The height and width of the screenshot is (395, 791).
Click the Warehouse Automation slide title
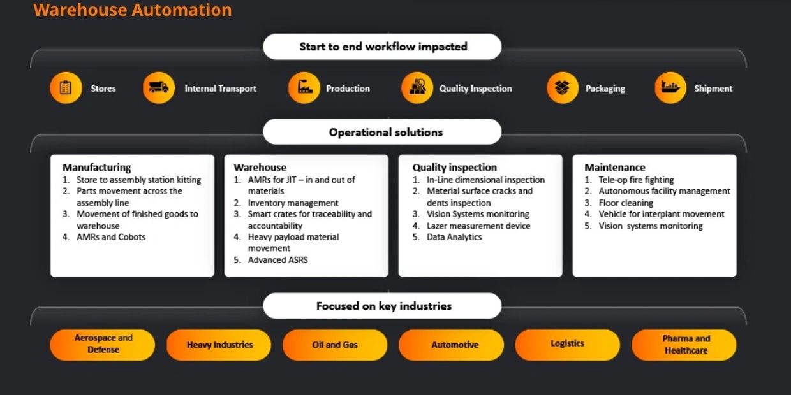click(133, 10)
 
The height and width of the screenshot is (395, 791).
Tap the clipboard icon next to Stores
click(66, 88)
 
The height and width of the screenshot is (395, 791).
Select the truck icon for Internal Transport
click(159, 88)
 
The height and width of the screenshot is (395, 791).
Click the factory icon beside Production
click(304, 88)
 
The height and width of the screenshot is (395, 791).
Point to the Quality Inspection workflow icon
click(417, 88)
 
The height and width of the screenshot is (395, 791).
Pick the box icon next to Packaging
click(563, 88)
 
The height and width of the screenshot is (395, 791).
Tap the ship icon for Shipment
click(670, 88)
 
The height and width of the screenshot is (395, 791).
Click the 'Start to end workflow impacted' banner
click(383, 47)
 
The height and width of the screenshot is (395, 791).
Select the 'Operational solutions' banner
click(383, 132)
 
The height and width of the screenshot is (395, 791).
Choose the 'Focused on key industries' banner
click(383, 306)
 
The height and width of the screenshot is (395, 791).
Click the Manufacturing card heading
click(96, 168)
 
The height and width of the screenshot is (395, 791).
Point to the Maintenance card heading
click(615, 168)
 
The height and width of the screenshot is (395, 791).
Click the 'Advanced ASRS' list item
click(277, 260)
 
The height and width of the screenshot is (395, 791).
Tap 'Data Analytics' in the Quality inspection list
click(454, 237)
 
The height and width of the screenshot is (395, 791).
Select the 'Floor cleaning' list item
click(626, 203)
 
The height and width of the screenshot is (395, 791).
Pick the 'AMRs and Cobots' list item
click(111, 237)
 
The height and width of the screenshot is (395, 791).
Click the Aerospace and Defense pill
click(103, 344)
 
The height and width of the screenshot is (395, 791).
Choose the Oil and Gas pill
click(335, 345)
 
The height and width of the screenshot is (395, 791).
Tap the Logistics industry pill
click(567, 344)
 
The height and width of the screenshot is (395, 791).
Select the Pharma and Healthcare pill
click(684, 345)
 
